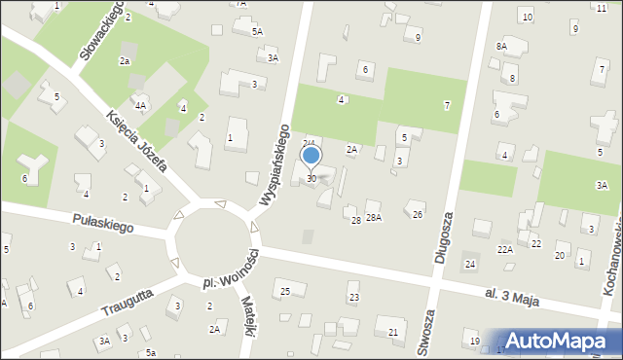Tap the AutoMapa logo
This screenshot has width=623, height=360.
click(559, 340)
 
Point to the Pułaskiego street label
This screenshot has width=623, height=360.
click(102, 225)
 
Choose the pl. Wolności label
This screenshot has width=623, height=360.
click(230, 270)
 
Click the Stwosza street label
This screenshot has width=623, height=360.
click(424, 336)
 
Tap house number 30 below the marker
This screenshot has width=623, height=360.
click(311, 178)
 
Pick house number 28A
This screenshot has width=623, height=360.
click(373, 217)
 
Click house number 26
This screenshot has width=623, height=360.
click(418, 214)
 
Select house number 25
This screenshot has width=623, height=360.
click(285, 292)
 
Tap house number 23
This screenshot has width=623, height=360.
click(353, 297)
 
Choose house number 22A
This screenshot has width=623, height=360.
click(504, 250)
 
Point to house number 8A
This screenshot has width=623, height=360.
click(501, 46)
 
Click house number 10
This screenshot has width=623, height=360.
click(527, 18)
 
